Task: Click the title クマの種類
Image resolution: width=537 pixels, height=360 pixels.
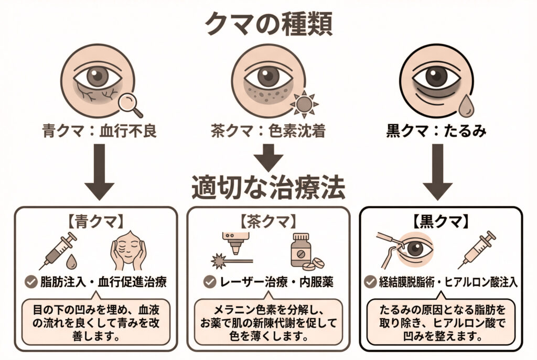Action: point(268,24)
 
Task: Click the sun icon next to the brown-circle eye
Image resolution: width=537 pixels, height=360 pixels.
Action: point(303,103)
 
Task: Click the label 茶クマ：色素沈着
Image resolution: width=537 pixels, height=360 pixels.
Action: point(268,130)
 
